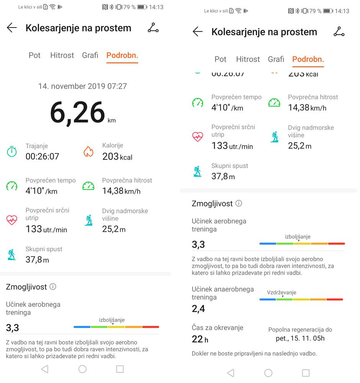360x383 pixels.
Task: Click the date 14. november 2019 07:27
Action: pyautogui.click(x=82, y=86)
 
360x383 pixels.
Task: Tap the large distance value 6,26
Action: pyautogui.click(x=78, y=113)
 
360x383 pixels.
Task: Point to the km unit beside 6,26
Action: pyautogui.click(x=111, y=121)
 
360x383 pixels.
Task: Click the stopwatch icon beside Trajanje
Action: pyautogui.click(x=12, y=151)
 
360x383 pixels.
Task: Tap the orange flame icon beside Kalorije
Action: pyautogui.click(x=88, y=152)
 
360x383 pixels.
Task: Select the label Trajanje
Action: pyautogui.click(x=37, y=146)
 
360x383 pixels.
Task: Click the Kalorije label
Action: pyautogui.click(x=113, y=146)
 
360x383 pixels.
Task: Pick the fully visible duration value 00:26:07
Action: pyautogui.click(x=42, y=156)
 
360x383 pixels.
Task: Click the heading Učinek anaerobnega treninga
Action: pyautogui.click(x=223, y=293)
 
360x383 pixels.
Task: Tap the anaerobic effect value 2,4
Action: pyautogui.click(x=198, y=309)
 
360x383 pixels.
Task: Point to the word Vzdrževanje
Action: pyautogui.click(x=281, y=293)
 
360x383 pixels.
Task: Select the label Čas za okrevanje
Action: pyautogui.click(x=218, y=328)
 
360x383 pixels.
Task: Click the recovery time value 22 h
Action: pyautogui.click(x=200, y=339)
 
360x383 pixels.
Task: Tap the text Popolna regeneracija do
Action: pyautogui.click(x=300, y=330)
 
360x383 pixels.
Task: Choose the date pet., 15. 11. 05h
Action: pyautogui.click(x=300, y=339)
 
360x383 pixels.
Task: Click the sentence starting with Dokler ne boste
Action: pyautogui.click(x=254, y=354)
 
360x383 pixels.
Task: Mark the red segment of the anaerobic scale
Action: pyautogui.click(x=335, y=299)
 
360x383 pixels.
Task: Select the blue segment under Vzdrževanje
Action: pyautogui.click(x=268, y=299)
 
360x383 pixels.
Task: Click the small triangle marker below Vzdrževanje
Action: pyautogui.click(x=283, y=297)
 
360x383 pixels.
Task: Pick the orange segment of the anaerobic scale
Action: pyautogui.click(x=318, y=299)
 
